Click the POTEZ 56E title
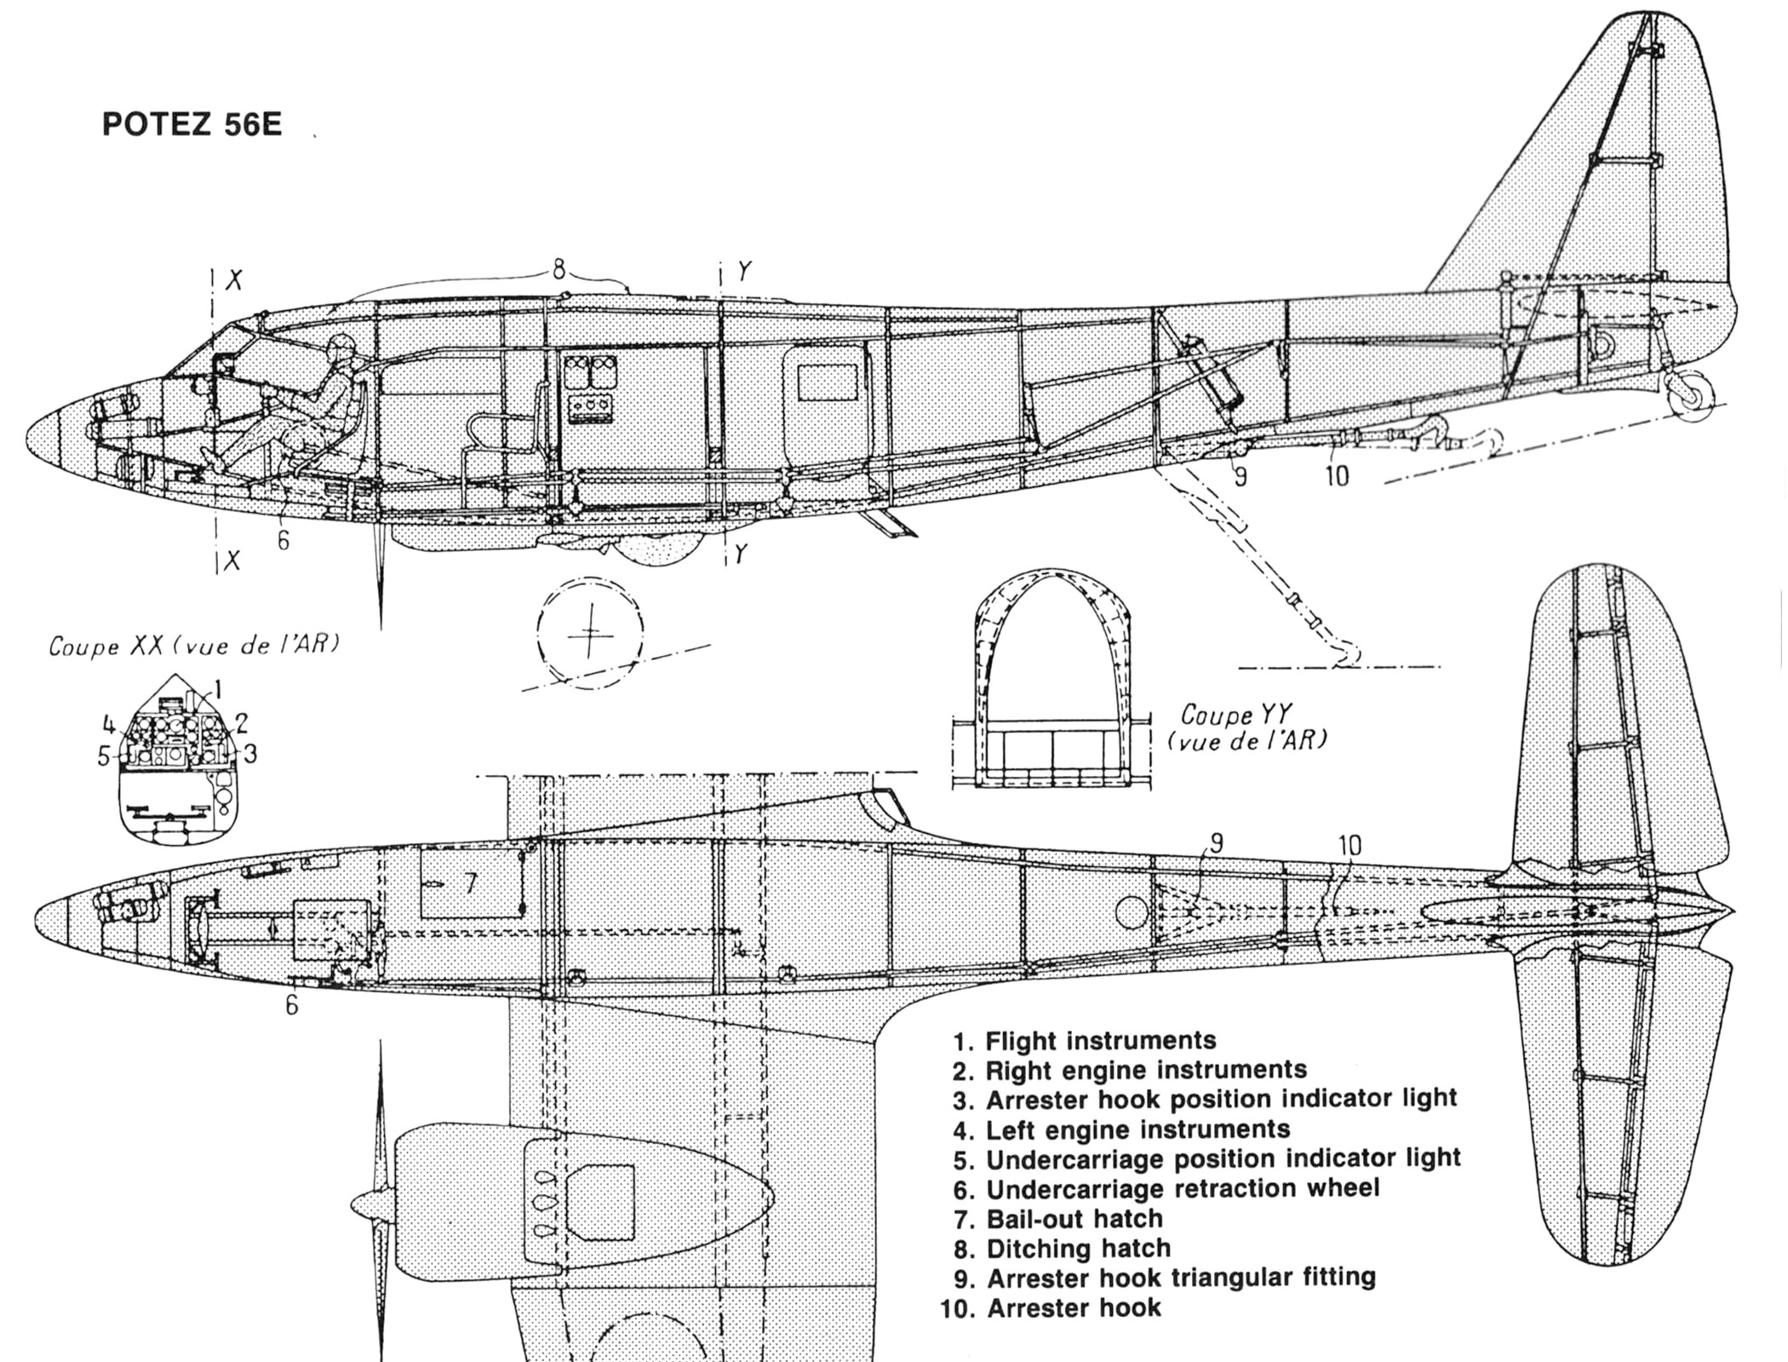192,124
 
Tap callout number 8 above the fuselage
559,270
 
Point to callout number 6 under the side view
284,540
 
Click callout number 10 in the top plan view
1350,845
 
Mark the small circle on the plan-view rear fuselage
1131,913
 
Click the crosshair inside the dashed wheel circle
588,631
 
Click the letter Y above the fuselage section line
744,272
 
